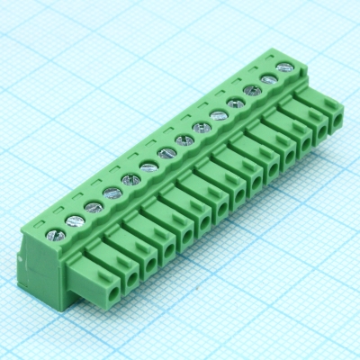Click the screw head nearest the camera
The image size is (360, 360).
click(x=55, y=235)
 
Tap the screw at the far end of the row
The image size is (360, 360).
click(x=286, y=67)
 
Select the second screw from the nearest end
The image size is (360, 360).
click(x=73, y=220)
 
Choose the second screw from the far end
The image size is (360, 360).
click(x=268, y=79)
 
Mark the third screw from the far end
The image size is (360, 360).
click(x=252, y=91)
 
